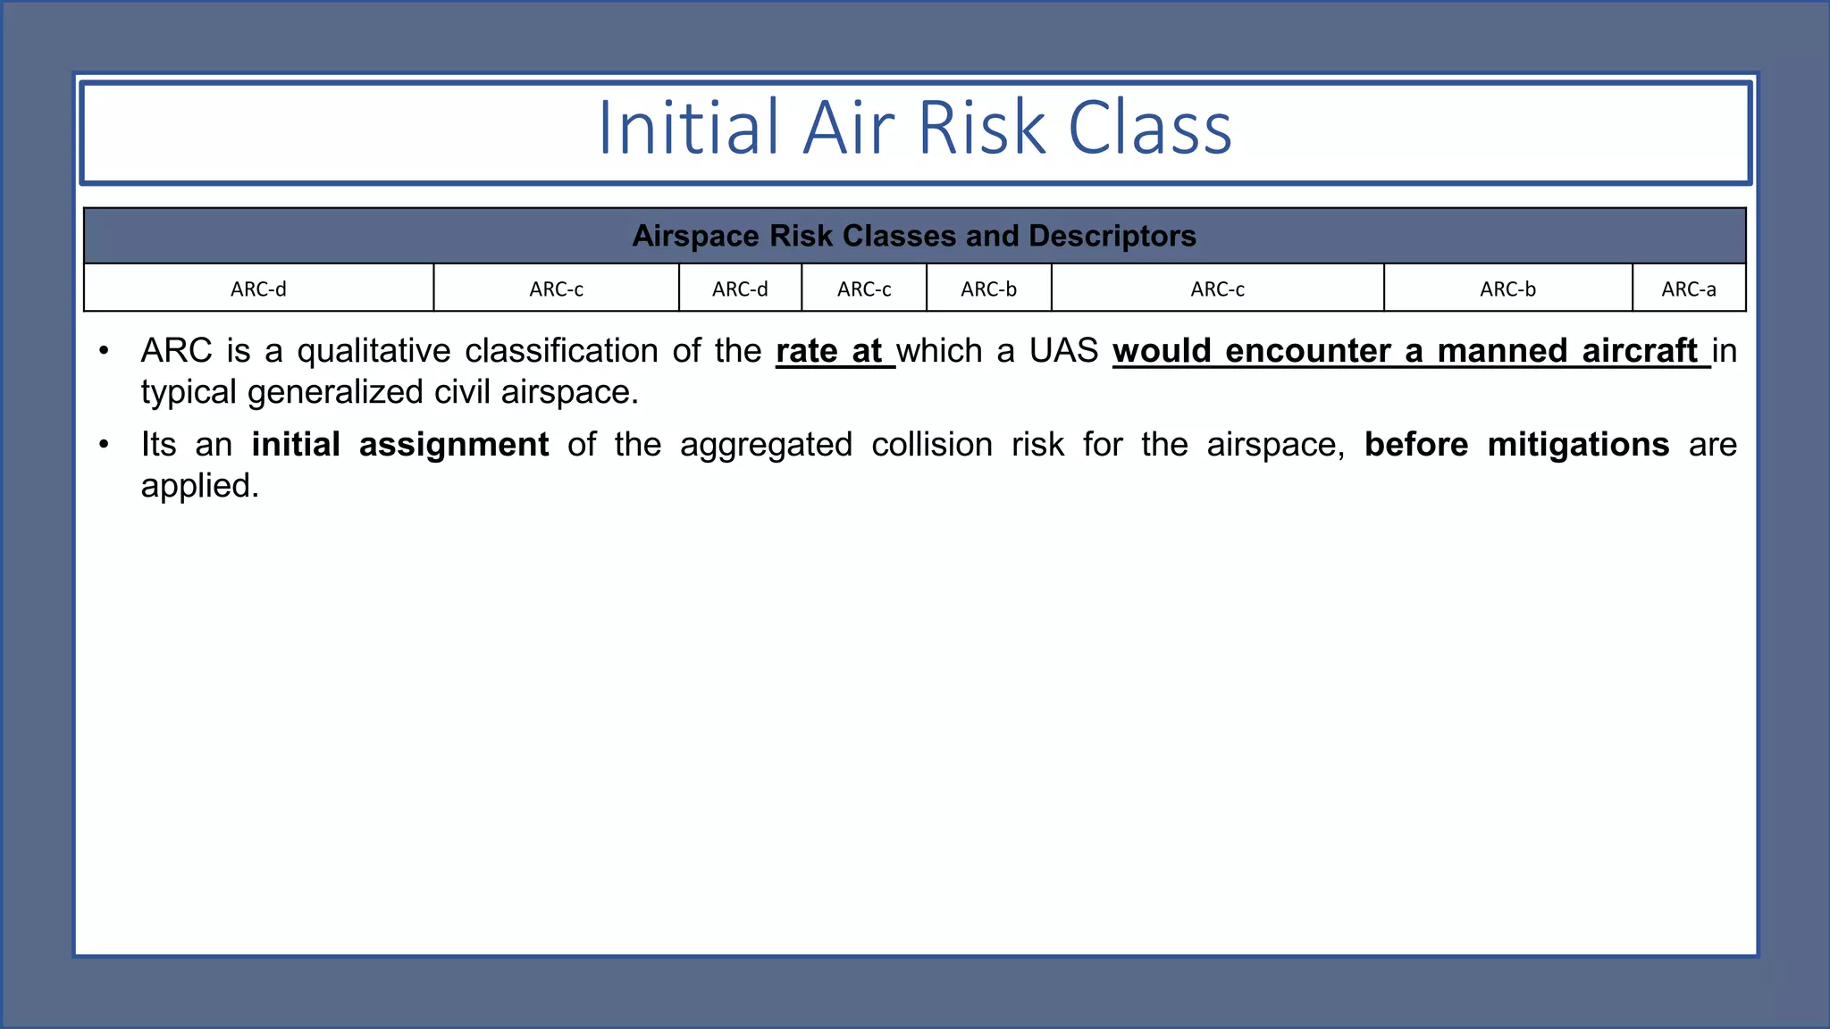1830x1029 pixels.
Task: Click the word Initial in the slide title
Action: (688, 129)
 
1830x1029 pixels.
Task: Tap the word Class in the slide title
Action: (1150, 129)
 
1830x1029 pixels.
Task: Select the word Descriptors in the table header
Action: (1112, 236)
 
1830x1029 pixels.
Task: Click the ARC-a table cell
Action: (1688, 289)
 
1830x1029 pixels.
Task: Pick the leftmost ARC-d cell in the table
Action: (258, 289)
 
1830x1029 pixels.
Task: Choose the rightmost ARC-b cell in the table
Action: (1507, 289)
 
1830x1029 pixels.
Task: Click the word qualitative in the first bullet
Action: (374, 351)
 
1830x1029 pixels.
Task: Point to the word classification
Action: (561, 351)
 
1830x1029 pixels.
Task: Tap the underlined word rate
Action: (806, 351)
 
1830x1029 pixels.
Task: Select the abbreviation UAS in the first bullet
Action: (1063, 351)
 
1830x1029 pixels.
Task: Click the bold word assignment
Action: (454, 445)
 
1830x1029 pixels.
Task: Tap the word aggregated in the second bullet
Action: (766, 445)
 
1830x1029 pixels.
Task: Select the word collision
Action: (932, 445)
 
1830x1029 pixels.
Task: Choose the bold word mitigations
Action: (1578, 445)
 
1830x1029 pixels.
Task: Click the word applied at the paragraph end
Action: (199, 486)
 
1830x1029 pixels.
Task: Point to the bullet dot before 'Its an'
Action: (105, 444)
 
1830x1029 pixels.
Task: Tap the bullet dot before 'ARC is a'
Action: (105, 350)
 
